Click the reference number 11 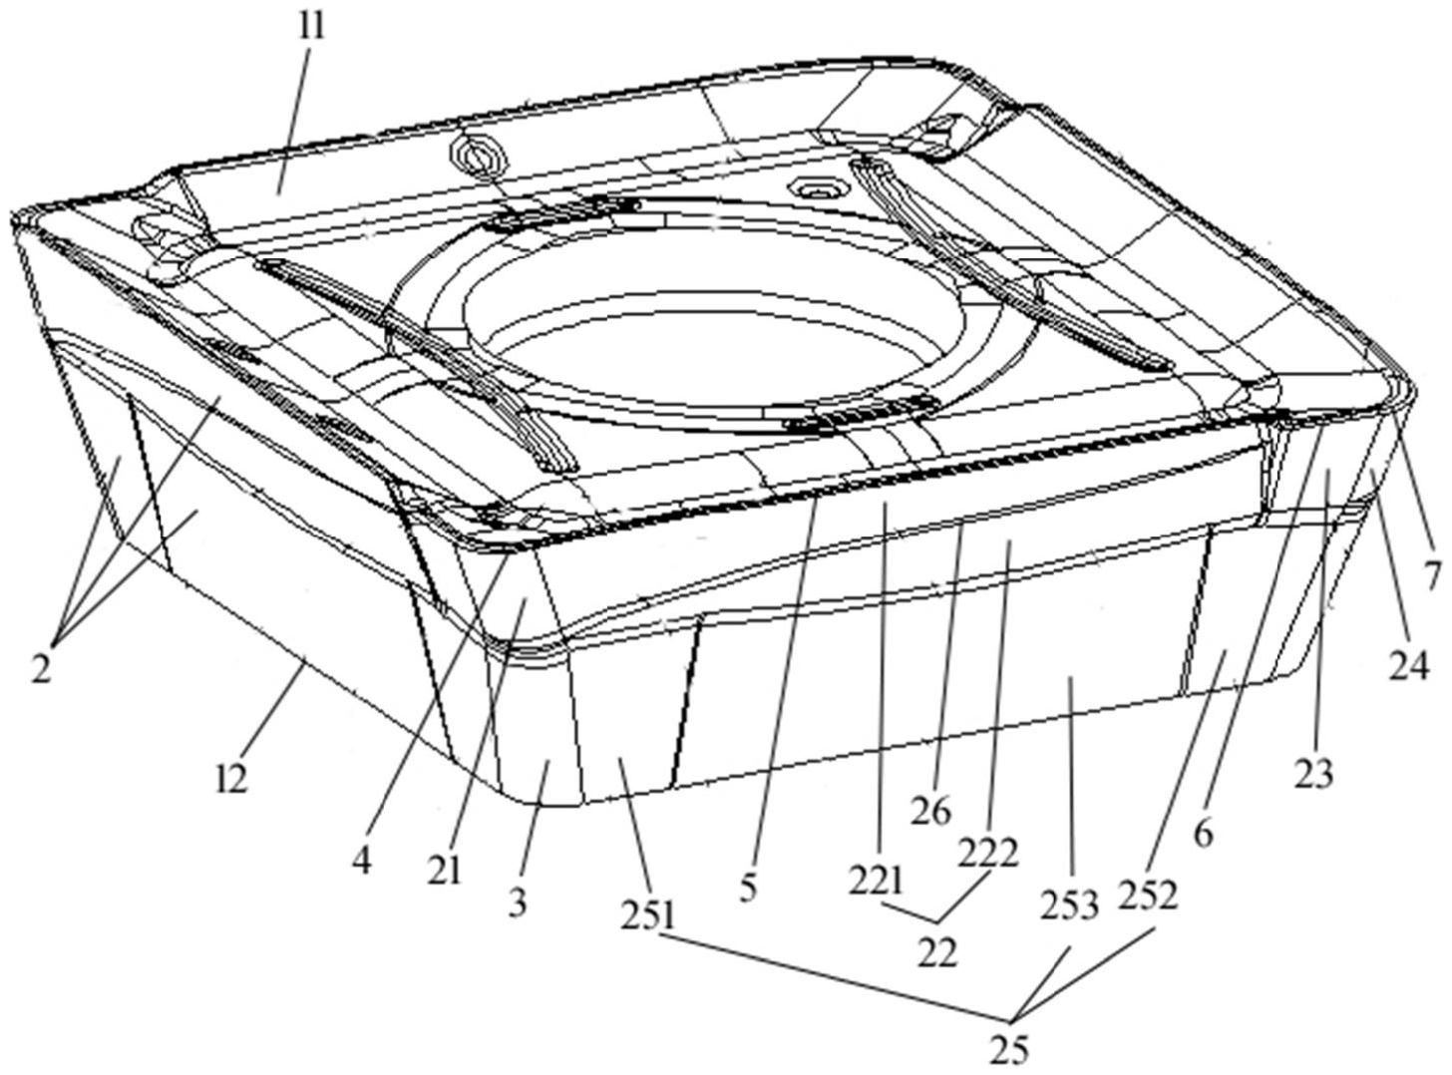(313, 25)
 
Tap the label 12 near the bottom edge (231, 777)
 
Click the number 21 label (446, 870)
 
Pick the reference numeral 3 (518, 904)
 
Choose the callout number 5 (750, 888)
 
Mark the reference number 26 (930, 811)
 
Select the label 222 (988, 854)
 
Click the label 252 (1150, 895)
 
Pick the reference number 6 (1204, 833)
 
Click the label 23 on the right (1313, 771)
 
